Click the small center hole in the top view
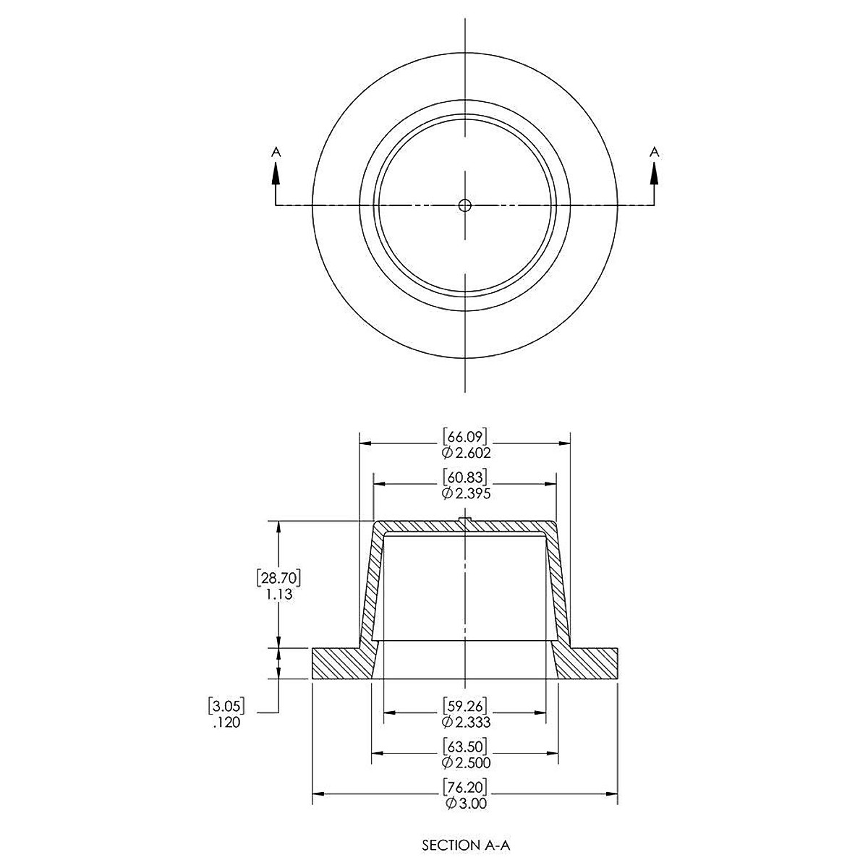point(464,205)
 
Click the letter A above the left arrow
point(276,152)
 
